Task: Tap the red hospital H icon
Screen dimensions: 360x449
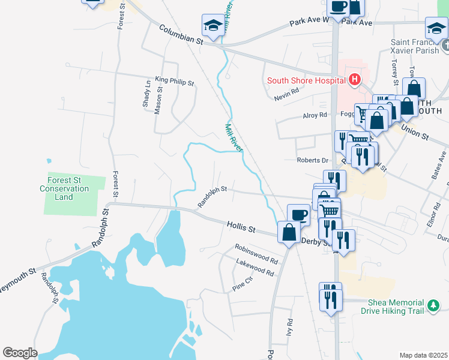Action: [x=355, y=79]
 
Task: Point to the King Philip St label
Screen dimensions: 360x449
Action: [x=175, y=81]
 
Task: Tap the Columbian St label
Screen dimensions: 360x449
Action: [x=181, y=35]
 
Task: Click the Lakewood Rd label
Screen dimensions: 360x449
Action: [x=255, y=268]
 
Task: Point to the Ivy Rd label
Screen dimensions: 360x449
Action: [x=289, y=327]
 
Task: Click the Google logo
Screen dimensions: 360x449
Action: [x=20, y=352]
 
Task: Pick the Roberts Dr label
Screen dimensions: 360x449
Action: [x=313, y=160]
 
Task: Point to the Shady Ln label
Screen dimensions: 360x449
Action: [x=146, y=94]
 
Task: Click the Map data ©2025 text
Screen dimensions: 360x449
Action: [x=423, y=355]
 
